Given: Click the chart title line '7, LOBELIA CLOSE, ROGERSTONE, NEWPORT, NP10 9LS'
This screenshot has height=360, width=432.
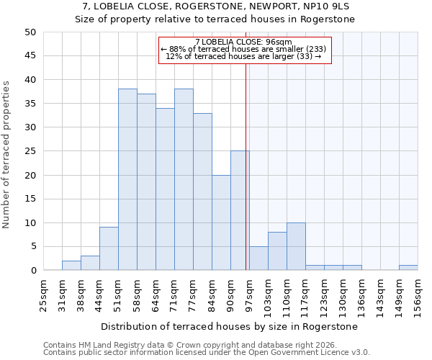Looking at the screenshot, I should pos(215,6).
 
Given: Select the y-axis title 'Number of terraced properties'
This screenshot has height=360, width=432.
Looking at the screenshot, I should pos(6,154).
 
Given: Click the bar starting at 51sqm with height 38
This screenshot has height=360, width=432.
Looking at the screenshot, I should pos(127,180).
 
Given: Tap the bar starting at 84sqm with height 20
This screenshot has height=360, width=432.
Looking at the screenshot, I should pos(221,222).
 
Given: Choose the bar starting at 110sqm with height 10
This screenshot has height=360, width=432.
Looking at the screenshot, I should pos(296,246).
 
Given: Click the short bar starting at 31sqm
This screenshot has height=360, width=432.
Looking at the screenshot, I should pos(71,266).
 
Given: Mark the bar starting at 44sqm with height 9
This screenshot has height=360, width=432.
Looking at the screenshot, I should pos(109,249).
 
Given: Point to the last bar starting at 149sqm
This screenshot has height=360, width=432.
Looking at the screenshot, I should pos(408,268).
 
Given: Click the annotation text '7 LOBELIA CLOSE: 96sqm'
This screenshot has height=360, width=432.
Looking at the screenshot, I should pos(243,42).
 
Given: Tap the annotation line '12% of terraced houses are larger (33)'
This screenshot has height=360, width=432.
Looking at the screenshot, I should pos(243,55).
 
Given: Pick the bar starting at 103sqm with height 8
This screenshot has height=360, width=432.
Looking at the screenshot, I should pos(277,251).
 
